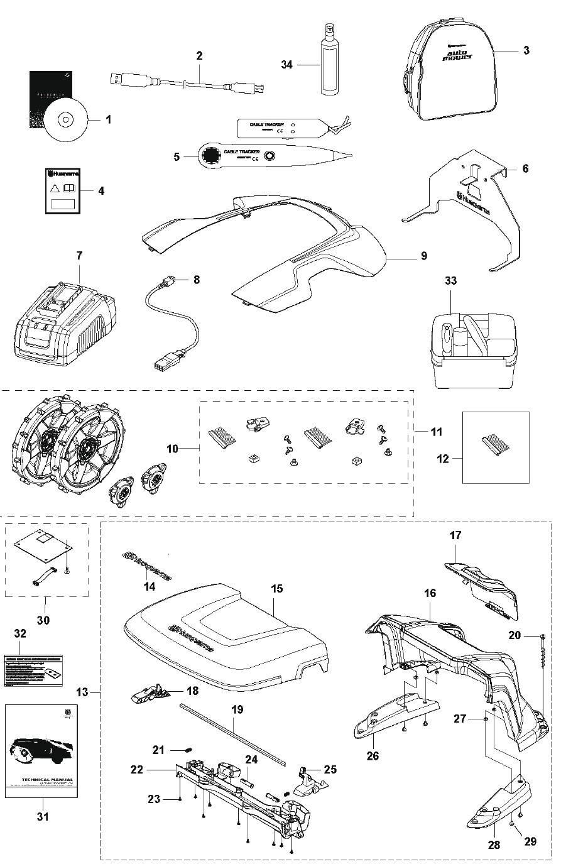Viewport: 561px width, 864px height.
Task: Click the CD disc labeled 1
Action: point(64,119)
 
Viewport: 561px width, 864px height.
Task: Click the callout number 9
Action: point(423,256)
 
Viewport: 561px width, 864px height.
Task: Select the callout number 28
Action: point(494,845)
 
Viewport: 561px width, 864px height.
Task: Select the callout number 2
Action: point(199,55)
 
